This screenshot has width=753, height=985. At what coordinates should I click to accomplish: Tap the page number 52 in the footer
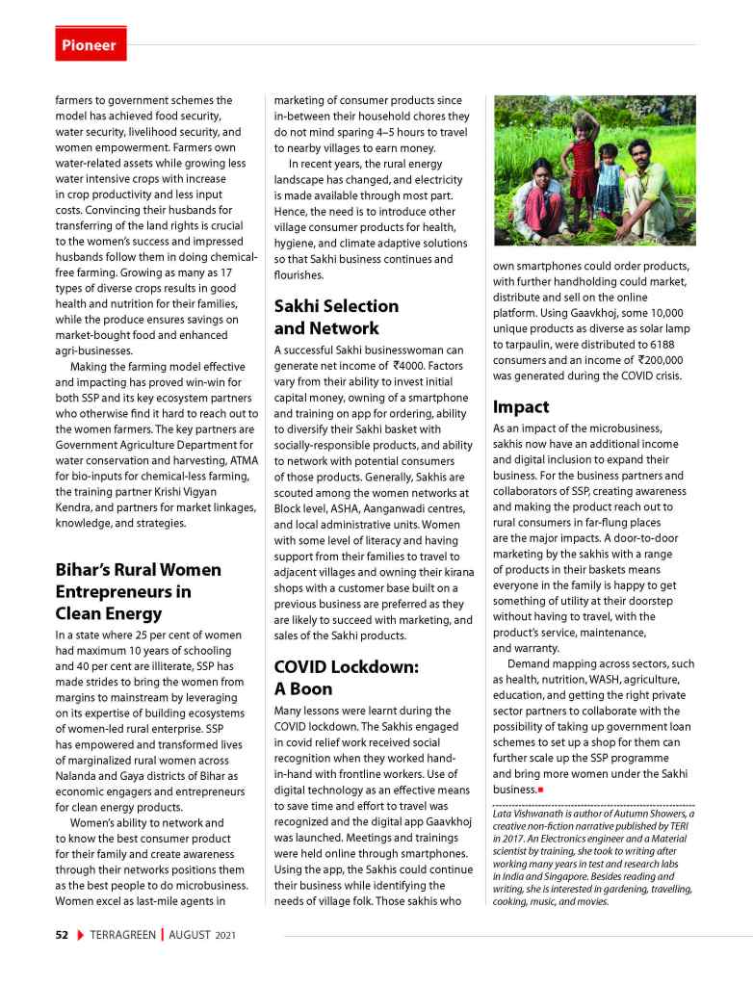pos(61,935)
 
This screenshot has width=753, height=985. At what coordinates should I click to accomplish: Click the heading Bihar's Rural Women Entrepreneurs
pos(138,591)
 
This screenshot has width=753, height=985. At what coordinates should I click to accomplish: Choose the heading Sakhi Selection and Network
pos(336,317)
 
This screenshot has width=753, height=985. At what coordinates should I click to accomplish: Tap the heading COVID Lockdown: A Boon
pos(346,677)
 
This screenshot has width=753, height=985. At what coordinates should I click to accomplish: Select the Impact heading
pos(521,406)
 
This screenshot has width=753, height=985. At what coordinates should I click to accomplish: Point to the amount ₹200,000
pos(655,359)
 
